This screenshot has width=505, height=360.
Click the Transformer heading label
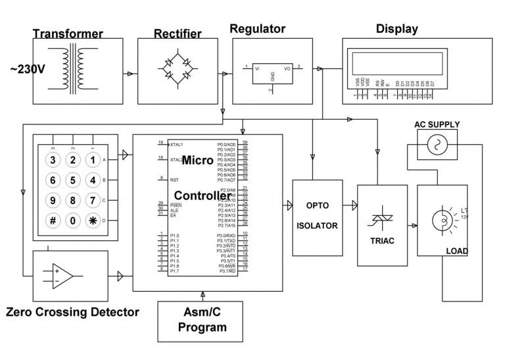(x=68, y=34)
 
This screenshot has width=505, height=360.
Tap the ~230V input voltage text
(x=27, y=68)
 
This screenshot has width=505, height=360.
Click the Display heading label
(x=397, y=29)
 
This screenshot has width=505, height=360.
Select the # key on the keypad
(x=53, y=220)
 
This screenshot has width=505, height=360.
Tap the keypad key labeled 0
(x=73, y=220)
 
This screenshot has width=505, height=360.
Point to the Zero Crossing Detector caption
(x=72, y=312)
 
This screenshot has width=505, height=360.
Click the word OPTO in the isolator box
(x=317, y=206)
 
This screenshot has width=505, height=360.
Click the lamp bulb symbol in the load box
(x=441, y=219)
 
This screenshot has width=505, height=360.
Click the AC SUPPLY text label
(x=437, y=124)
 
